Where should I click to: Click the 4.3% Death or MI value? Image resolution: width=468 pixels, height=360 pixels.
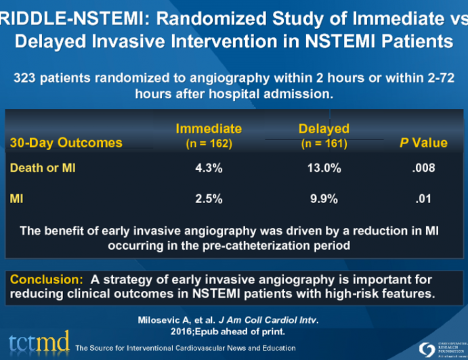[x=209, y=168]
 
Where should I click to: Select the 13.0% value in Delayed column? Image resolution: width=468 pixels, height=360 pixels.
[x=324, y=168]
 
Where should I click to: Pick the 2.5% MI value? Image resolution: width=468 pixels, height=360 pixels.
[x=209, y=200]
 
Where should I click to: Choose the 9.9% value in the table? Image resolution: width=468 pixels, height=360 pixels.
[x=324, y=200]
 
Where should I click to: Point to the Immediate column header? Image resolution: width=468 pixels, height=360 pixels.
[x=209, y=129]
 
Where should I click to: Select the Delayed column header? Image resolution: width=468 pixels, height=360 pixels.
[x=324, y=129]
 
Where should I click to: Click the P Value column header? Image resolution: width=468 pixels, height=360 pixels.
[x=425, y=143]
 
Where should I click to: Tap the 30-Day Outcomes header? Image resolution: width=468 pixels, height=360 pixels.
[x=66, y=143]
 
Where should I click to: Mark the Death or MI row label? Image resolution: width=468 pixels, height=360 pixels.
[x=43, y=168]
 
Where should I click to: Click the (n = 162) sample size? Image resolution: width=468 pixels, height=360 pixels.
[x=209, y=143]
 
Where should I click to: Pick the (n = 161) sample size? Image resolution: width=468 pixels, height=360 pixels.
[x=324, y=143]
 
